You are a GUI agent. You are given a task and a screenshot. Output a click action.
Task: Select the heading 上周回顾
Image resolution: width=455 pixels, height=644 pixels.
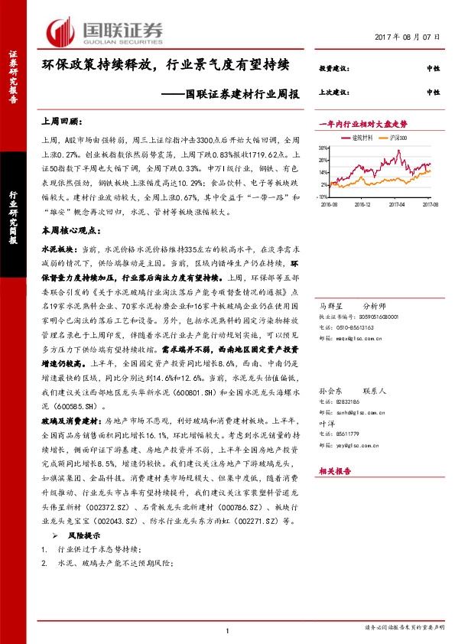pos(60,120)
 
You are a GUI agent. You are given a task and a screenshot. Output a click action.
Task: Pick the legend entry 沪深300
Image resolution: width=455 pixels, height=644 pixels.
pos(399,138)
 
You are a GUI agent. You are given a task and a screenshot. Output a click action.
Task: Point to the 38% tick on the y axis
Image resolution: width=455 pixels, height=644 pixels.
pos(324,148)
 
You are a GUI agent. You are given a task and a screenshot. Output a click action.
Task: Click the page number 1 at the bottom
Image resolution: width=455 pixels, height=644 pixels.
pos(227,629)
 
